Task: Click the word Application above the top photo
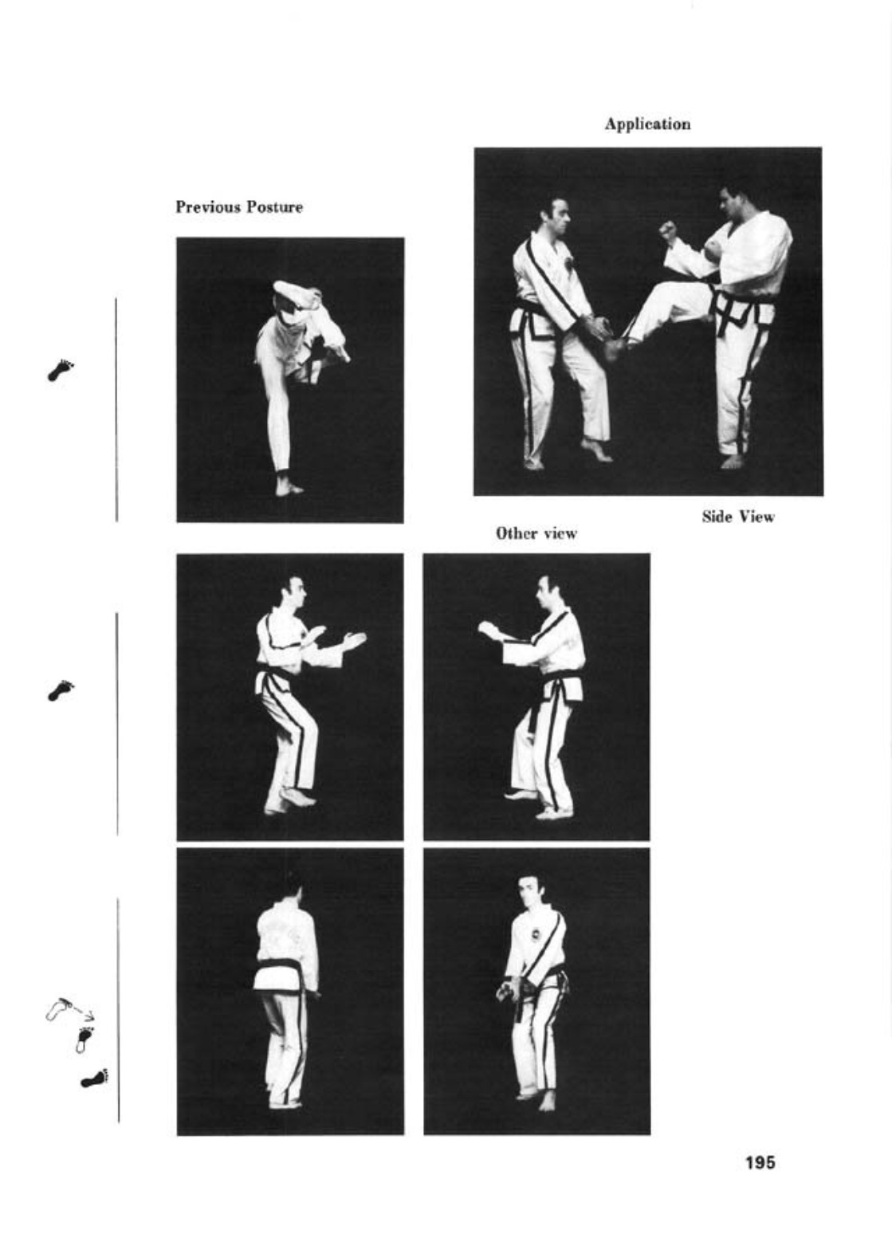tap(647, 124)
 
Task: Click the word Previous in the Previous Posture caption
tap(208, 207)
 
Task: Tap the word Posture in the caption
tap(274, 207)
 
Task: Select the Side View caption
tap(737, 517)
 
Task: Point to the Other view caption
tap(536, 533)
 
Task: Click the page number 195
tap(760, 1163)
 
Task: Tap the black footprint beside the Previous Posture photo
tap(61, 370)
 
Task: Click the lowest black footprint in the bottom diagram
tap(95, 1079)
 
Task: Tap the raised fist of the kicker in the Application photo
tap(669, 229)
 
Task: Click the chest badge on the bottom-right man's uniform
tap(535, 935)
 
